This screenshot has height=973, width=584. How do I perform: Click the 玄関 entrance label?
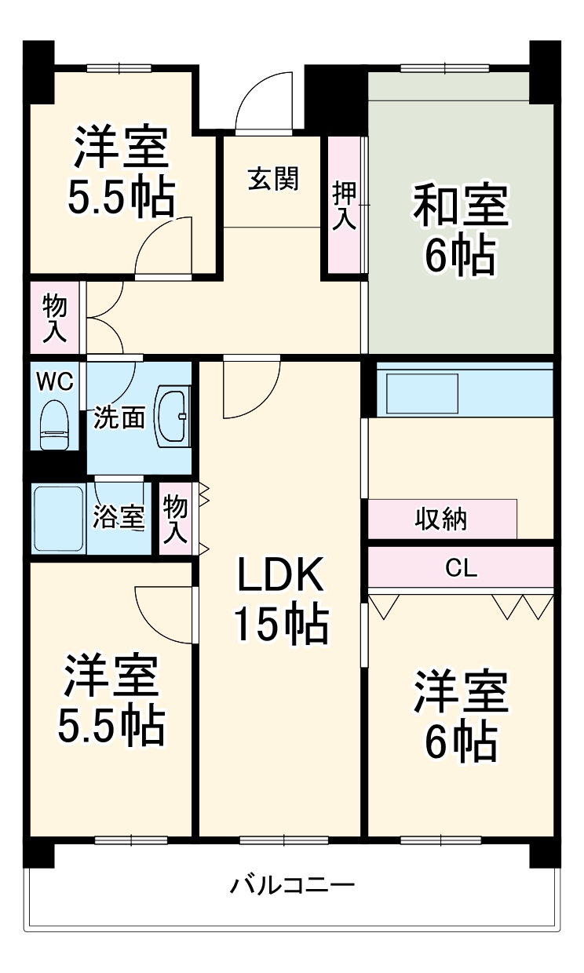[x=273, y=179]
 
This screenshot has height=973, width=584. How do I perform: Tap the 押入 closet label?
[x=345, y=206]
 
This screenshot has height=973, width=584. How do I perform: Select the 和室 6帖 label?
[x=461, y=229]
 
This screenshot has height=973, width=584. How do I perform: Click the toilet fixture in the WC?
[x=55, y=425]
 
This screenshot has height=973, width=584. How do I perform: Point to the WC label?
[x=55, y=381]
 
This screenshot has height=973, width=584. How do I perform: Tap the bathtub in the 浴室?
[x=59, y=518]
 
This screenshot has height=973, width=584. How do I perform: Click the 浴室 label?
[x=119, y=517]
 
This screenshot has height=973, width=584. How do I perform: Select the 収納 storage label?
[x=440, y=519]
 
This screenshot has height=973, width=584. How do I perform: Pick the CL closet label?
[x=461, y=568]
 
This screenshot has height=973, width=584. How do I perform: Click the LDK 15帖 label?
[x=282, y=599]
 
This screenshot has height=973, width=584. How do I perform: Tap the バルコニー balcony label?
[x=292, y=885]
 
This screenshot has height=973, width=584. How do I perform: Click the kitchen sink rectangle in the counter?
[x=422, y=394]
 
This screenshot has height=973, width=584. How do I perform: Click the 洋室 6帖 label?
[x=461, y=716]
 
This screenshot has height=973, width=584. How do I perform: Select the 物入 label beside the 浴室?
[x=176, y=519]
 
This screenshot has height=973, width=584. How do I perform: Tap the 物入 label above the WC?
[x=55, y=318]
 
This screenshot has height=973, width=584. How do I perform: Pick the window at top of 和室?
[x=445, y=68]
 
